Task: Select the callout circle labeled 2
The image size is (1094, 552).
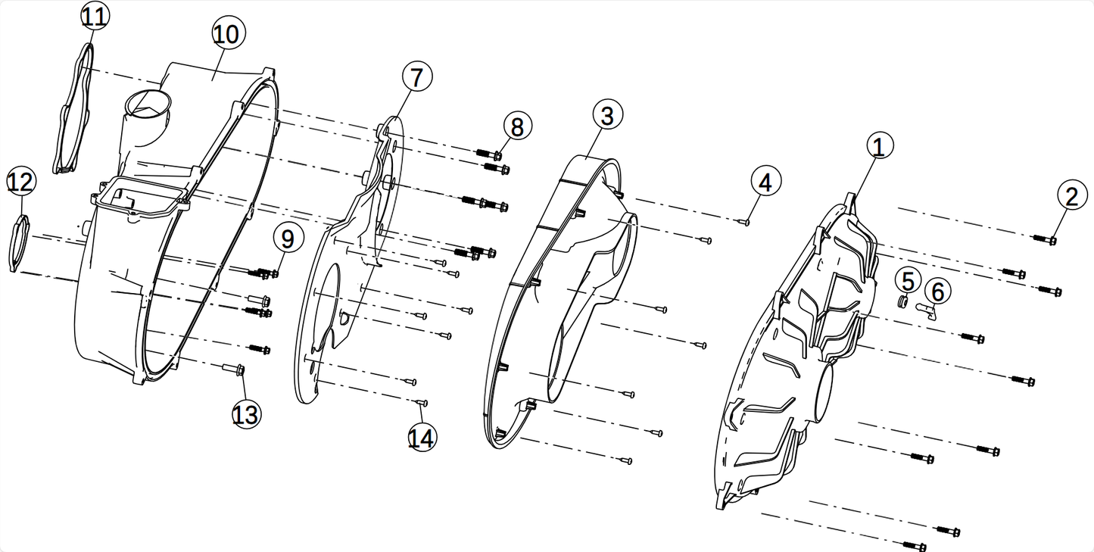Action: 1071,198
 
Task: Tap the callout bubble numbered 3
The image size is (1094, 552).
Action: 607,116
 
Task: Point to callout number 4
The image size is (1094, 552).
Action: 765,182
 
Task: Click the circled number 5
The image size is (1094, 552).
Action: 908,280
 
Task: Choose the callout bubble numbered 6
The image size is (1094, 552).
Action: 937,290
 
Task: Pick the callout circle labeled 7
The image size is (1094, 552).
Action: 417,76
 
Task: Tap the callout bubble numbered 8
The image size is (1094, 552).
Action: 516,127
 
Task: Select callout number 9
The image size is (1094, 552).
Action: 288,239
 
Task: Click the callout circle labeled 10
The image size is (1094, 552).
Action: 226,34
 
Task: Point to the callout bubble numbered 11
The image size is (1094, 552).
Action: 94,17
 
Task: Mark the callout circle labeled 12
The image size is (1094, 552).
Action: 21,182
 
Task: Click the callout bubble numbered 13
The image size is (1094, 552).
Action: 245,414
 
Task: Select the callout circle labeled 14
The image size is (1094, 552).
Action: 422,438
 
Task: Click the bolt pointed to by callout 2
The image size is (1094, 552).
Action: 1045,239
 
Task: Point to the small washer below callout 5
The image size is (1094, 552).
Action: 902,302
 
